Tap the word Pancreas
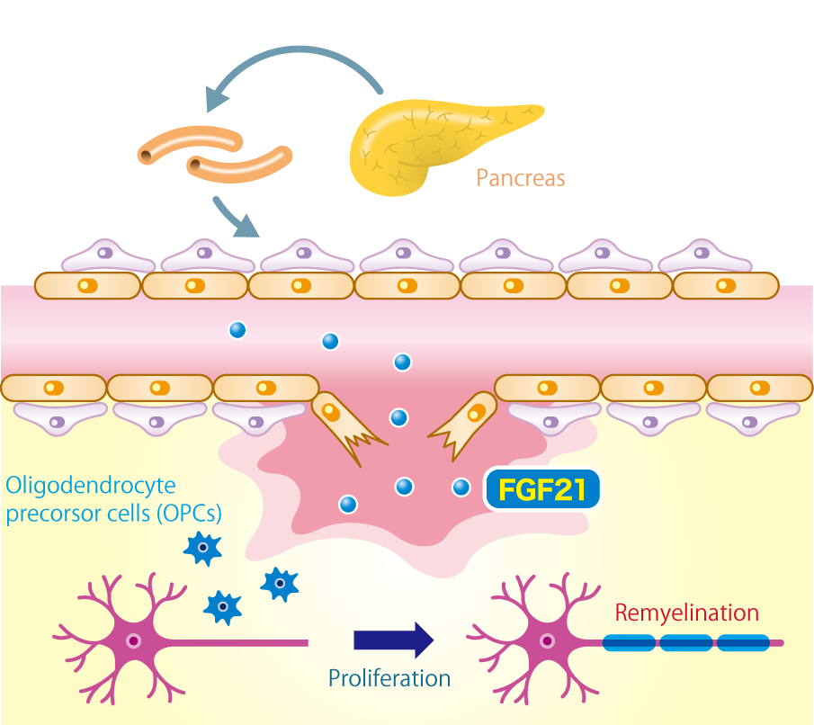coord(521,178)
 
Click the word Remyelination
coord(686,613)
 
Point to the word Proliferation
coord(389,677)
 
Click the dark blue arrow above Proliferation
coord(393,640)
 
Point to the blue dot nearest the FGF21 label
coord(461,488)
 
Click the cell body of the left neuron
coord(133,641)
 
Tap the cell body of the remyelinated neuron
coord(546,641)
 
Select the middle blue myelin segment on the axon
coord(685,643)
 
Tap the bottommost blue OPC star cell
coord(222,607)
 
